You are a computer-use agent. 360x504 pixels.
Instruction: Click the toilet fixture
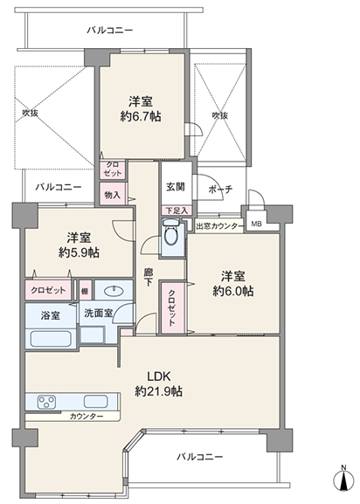pos(171,231)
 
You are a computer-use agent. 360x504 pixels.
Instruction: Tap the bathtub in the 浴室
pos(51,338)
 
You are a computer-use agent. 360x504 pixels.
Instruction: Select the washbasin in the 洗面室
pos(114,291)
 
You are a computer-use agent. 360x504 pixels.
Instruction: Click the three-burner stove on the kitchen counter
pos(46,402)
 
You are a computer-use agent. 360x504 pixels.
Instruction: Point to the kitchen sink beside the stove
pos(95,402)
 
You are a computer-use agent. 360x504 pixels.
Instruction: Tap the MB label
pos(257,224)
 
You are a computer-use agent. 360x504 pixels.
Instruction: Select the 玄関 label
pos(176,186)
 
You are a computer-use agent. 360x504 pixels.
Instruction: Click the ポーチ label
pos(220,189)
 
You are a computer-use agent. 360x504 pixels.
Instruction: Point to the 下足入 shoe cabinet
pos(177,211)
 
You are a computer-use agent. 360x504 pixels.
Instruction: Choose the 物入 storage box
pos(113,194)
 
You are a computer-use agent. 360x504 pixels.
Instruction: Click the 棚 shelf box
pos(85,291)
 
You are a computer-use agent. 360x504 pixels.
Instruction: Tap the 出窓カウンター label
pos(220,226)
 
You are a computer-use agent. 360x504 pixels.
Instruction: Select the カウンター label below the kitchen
pos(87,417)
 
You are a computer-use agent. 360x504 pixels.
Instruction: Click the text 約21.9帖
pos(159,391)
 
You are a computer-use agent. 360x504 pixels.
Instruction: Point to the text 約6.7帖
pos(141,116)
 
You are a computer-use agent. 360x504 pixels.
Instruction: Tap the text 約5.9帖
pos(79,252)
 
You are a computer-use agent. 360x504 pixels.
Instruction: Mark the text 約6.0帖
pos(233,291)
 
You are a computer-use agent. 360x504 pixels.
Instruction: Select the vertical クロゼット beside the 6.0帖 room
pos(172,308)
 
